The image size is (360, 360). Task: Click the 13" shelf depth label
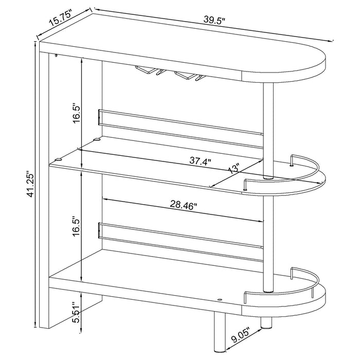233,167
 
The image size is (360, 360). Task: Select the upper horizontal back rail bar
180,123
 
